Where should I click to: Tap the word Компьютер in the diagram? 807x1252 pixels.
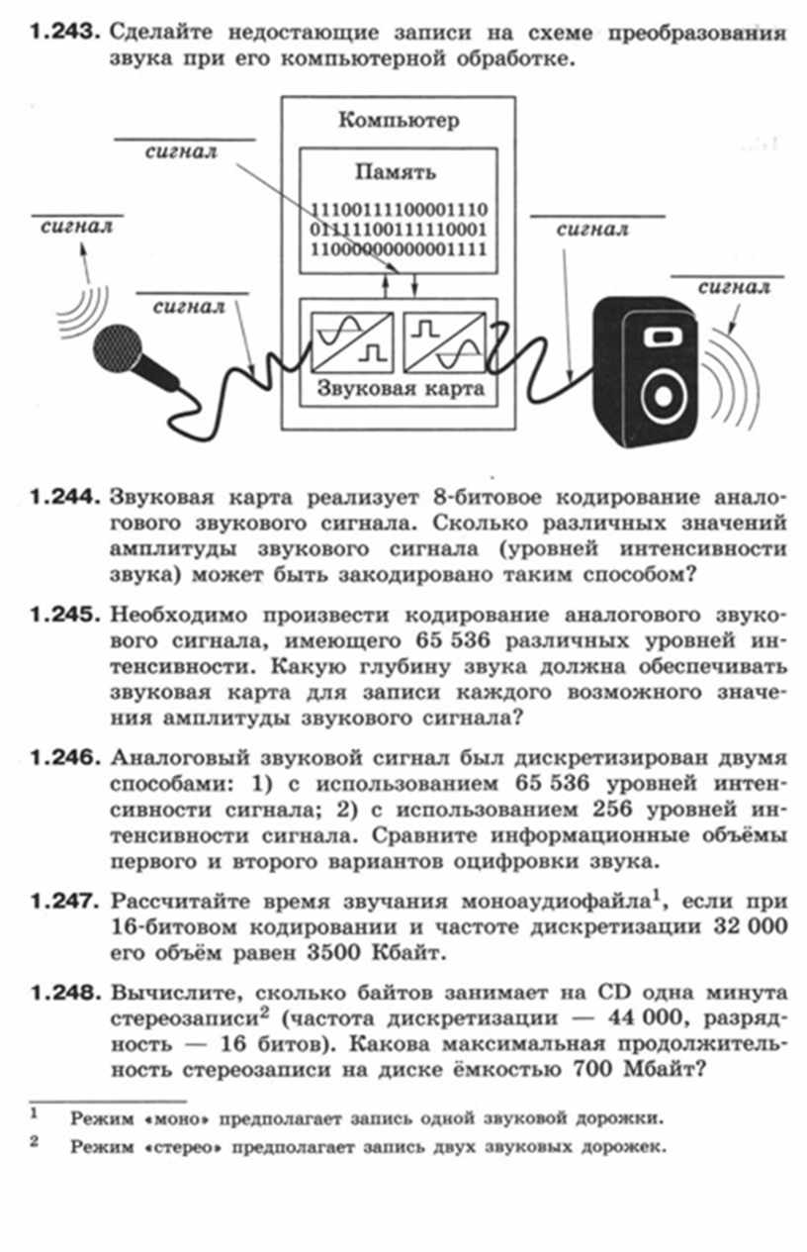point(399,120)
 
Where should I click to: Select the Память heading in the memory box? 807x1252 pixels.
point(396,172)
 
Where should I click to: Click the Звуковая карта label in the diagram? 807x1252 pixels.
point(400,388)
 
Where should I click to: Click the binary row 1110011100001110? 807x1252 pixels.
point(399,210)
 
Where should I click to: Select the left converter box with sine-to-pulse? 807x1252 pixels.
point(352,342)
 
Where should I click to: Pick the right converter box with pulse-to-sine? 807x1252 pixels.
point(444,342)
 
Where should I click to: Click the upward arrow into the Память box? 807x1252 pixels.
point(385,285)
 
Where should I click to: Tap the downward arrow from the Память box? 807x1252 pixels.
point(414,285)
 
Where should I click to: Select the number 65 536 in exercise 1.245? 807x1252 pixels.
point(452,640)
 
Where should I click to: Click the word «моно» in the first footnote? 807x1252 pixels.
point(178,1119)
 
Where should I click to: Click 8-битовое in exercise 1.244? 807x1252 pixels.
point(487,497)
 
